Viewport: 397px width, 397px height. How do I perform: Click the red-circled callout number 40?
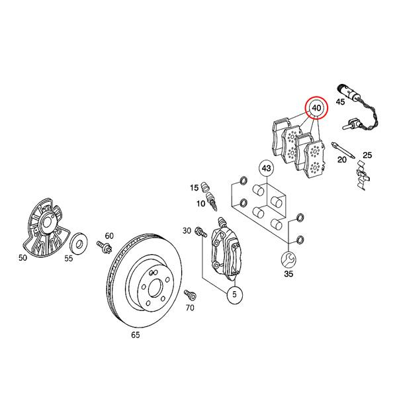click(x=316, y=107)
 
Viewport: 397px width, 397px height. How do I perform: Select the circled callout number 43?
click(x=266, y=169)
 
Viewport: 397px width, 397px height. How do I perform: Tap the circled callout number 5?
click(x=234, y=296)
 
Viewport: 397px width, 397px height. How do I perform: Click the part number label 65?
click(x=135, y=335)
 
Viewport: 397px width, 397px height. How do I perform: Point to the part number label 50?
click(x=22, y=258)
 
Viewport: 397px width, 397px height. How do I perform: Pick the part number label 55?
click(x=68, y=259)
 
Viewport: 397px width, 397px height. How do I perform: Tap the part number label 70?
click(x=190, y=308)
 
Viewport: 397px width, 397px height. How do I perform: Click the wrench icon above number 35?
click(x=288, y=257)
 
